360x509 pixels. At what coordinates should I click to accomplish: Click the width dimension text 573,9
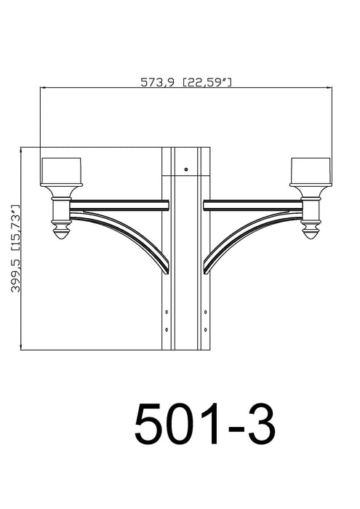pyautogui.click(x=157, y=82)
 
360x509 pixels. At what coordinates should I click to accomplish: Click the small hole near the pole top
pyautogui.click(x=185, y=169)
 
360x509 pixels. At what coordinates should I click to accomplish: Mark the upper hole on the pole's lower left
pyautogui.click(x=167, y=312)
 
